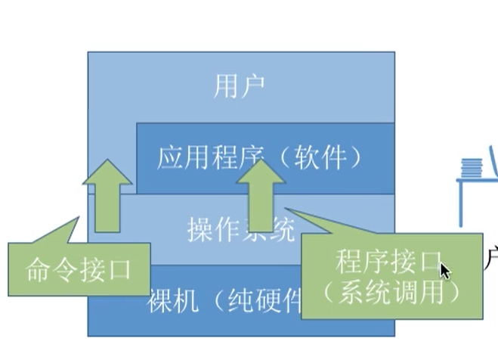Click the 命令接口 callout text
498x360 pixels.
(78, 268)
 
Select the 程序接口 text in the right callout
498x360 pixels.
(387, 262)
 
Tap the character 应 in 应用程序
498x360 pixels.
(170, 158)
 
